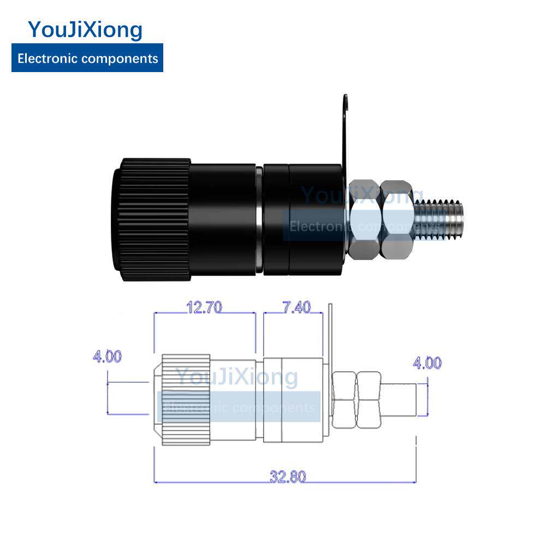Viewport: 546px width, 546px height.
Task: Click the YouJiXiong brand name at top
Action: click(x=85, y=30)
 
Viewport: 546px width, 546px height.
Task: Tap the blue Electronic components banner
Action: click(x=87, y=58)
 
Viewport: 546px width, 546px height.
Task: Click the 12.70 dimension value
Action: click(x=204, y=307)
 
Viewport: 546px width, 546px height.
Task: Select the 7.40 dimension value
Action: click(x=296, y=307)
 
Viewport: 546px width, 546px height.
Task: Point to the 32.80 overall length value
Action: click(x=288, y=477)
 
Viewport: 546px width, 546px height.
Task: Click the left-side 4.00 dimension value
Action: click(x=107, y=356)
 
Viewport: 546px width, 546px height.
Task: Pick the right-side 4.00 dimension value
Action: click(x=428, y=363)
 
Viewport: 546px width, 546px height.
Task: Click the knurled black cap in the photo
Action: click(x=152, y=219)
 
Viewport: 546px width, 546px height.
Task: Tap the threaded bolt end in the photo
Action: click(x=439, y=220)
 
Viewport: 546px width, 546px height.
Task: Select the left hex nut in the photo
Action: click(x=364, y=219)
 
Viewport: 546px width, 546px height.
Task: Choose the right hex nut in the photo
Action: click(x=397, y=219)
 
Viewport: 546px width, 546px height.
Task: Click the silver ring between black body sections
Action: click(x=259, y=220)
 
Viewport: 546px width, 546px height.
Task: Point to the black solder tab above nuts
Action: click(x=345, y=136)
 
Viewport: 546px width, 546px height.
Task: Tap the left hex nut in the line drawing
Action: click(x=344, y=400)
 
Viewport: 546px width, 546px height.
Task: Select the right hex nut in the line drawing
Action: click(x=369, y=400)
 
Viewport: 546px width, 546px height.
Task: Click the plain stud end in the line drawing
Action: click(x=399, y=400)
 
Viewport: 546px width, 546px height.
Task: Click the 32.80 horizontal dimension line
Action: click(x=285, y=482)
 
